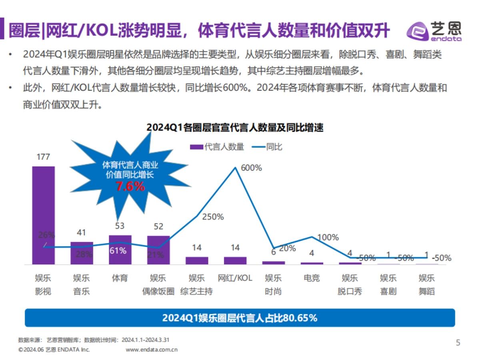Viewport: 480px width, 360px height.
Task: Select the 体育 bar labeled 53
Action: pyautogui.click(x=120, y=250)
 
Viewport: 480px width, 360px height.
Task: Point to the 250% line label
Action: pyautogui.click(x=213, y=217)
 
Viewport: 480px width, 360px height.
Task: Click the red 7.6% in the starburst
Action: pyautogui.click(x=130, y=186)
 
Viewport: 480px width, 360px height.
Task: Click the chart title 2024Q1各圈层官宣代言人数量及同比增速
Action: pyautogui.click(x=235, y=128)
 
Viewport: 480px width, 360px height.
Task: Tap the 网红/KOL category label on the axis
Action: pyautogui.click(x=235, y=278)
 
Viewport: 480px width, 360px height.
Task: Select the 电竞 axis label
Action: pyautogui.click(x=312, y=278)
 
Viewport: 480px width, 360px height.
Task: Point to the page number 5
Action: pyautogui.click(x=458, y=343)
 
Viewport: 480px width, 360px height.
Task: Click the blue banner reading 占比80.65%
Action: pyautogui.click(x=240, y=318)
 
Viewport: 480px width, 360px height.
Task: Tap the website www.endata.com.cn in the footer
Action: pyautogui.click(x=152, y=349)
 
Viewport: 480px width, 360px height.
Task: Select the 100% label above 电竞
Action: pyautogui.click(x=328, y=237)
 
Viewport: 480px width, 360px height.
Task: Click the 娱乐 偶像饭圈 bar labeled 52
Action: pyautogui.click(x=158, y=250)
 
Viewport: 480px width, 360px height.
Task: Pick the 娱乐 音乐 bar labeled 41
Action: pyautogui.click(x=82, y=253)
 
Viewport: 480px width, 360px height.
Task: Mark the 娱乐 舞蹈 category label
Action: pyautogui.click(x=427, y=284)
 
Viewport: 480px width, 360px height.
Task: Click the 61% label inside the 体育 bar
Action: pyautogui.click(x=118, y=251)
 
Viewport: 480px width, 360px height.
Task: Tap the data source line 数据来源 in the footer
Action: pyautogui.click(x=94, y=340)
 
